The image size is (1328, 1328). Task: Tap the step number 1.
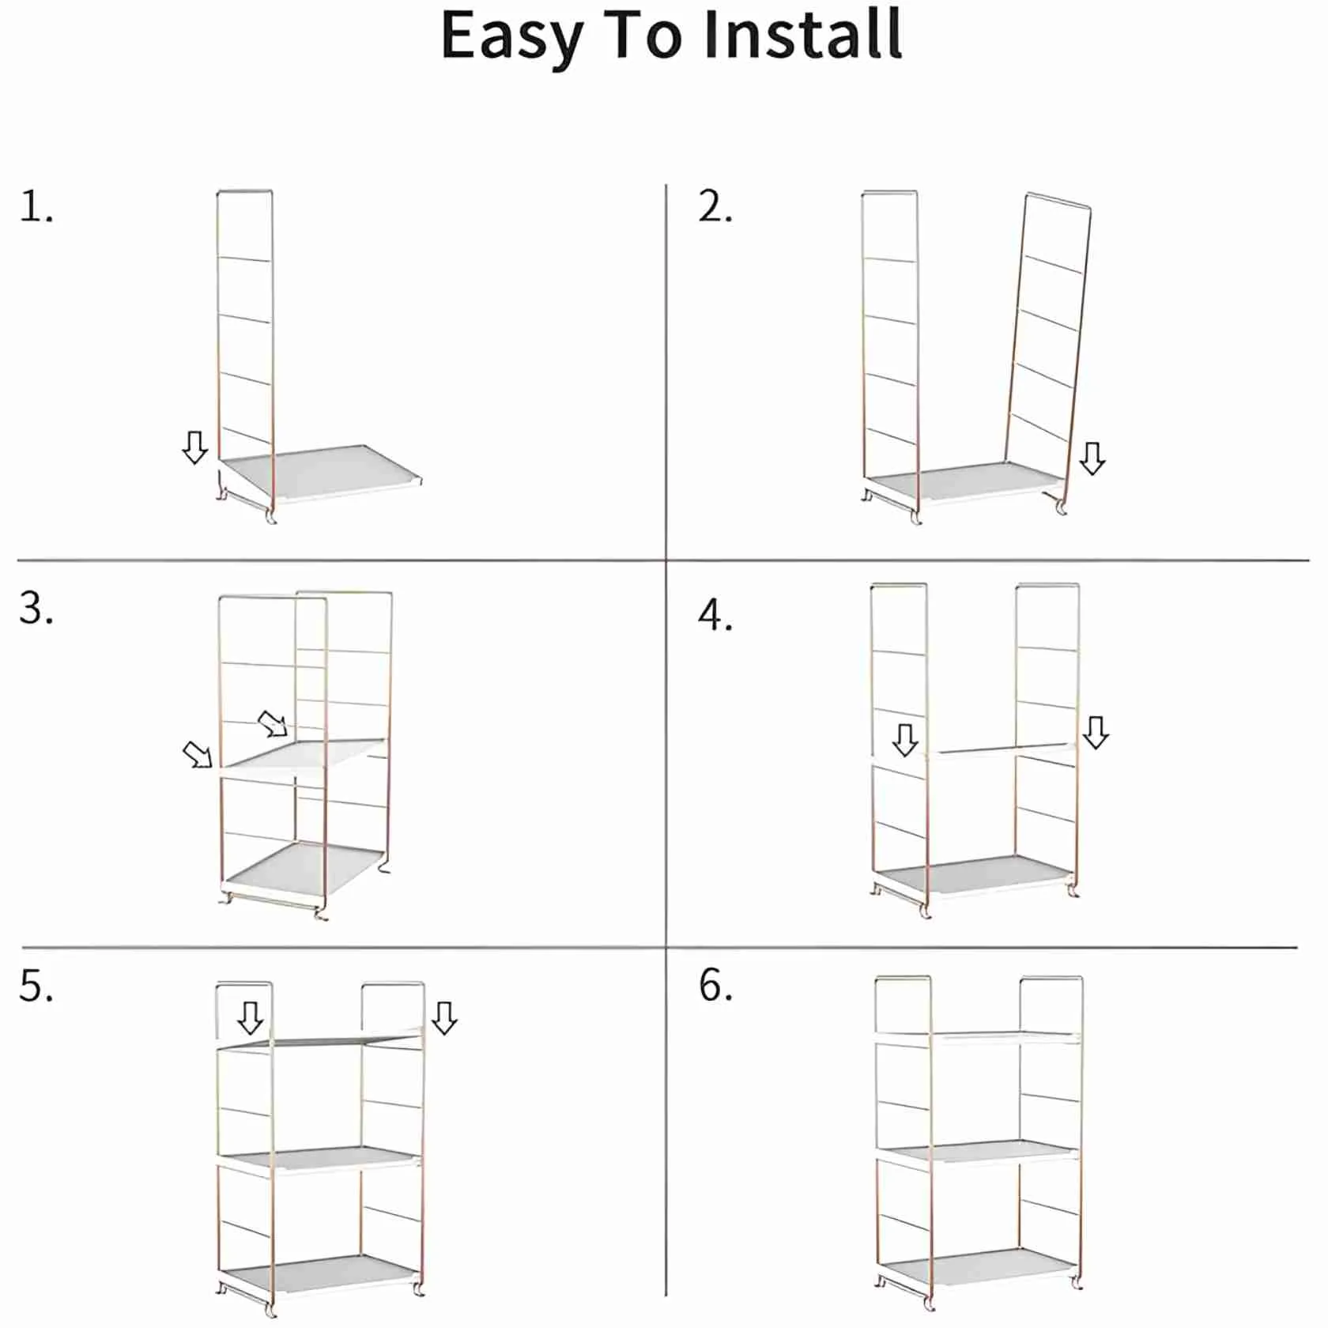click(x=36, y=207)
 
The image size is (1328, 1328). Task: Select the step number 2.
click(x=715, y=207)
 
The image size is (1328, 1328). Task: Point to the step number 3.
click(x=36, y=609)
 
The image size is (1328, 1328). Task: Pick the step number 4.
click(x=715, y=616)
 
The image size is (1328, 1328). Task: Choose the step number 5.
click(x=36, y=987)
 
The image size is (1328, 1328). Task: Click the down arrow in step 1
click(x=194, y=447)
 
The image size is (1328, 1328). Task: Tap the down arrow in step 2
click(x=1092, y=458)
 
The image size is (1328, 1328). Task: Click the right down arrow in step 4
click(x=1095, y=733)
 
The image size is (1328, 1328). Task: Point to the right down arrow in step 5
click(x=444, y=1018)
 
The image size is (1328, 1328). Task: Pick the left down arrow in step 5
click(x=251, y=1018)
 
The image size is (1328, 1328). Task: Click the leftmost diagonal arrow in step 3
click(x=198, y=755)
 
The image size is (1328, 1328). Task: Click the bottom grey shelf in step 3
click(x=304, y=870)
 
